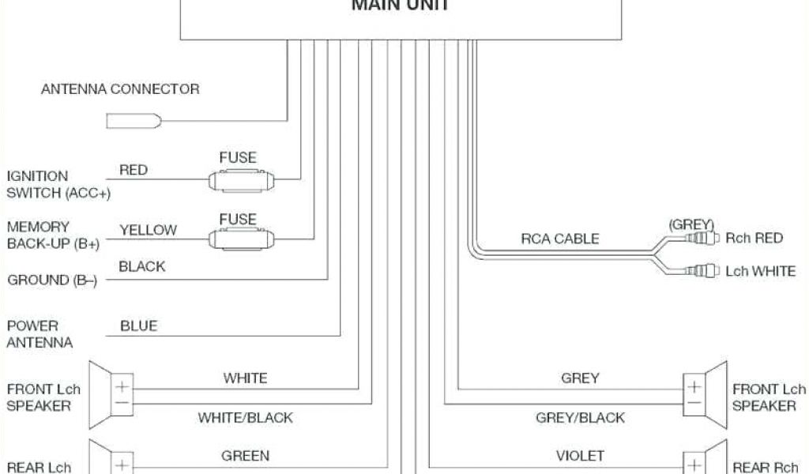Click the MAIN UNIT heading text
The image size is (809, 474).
[400, 6]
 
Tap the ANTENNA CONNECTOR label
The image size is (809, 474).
[120, 89]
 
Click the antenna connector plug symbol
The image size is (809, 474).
[134, 121]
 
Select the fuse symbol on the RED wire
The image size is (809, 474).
[240, 179]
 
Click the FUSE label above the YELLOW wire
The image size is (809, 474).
[238, 219]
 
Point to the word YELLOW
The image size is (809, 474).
[148, 230]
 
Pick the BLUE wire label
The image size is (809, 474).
[138, 325]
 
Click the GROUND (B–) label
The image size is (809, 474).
[52, 280]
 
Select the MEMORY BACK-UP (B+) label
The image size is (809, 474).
[53, 235]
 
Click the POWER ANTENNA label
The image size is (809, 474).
[40, 334]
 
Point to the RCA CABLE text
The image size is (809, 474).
[559, 238]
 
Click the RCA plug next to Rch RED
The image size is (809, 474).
[702, 237]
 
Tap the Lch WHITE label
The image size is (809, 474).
[760, 271]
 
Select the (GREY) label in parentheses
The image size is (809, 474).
[691, 224]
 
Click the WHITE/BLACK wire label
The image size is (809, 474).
[245, 417]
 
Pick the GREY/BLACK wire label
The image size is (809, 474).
[580, 417]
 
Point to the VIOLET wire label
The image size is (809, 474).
[580, 456]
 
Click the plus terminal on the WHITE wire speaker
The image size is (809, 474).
[123, 387]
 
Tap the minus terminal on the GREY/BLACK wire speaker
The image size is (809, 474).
[693, 403]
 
